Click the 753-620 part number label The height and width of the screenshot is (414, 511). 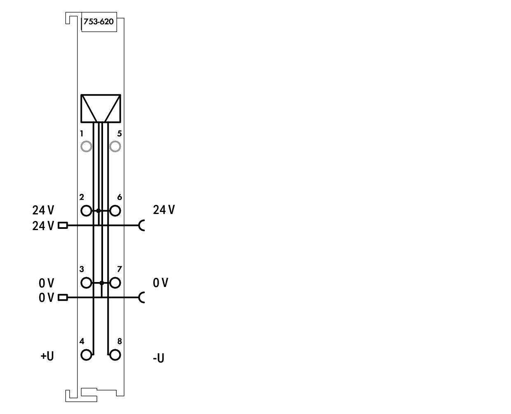(98, 21)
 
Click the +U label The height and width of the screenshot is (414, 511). (47, 356)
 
